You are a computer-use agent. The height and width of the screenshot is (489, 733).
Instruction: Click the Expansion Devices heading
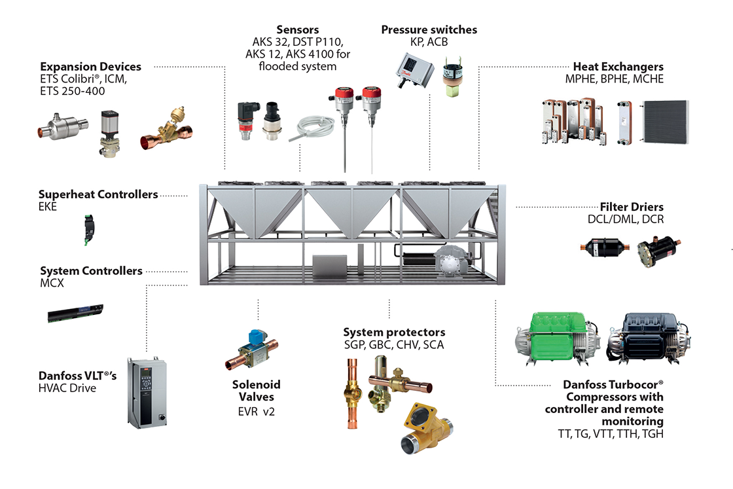coord(90,67)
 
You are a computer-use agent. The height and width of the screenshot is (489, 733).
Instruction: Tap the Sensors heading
coord(298,30)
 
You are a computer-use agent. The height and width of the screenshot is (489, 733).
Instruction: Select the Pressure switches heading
coord(429,30)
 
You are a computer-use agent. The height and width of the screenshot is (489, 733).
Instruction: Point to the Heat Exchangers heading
coord(618,67)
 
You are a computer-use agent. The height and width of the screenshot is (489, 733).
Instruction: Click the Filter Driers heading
coord(632,207)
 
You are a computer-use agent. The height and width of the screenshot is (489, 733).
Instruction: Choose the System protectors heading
coord(394,333)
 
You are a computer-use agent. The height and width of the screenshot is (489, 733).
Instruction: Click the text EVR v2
coord(257,412)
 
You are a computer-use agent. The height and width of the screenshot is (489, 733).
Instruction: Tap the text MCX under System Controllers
coord(50,283)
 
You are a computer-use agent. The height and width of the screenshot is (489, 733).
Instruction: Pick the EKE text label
coord(48,207)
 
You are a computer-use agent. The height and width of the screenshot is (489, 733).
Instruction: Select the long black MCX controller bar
coord(75,312)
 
